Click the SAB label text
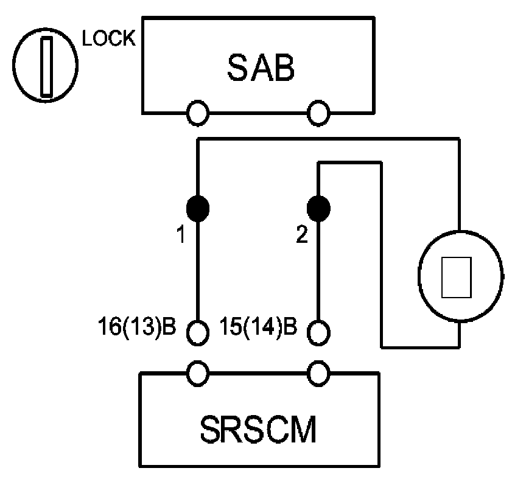pos(261,68)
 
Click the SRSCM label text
pos(259,430)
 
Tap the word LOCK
pos(109,40)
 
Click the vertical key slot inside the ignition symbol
pos(46,66)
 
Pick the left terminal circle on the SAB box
pos(198,113)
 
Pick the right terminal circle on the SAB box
pos(318,113)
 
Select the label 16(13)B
pos(137,328)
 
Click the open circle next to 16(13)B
pos(198,332)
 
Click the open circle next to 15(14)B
pos(318,332)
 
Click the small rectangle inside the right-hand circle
pos(457,277)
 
